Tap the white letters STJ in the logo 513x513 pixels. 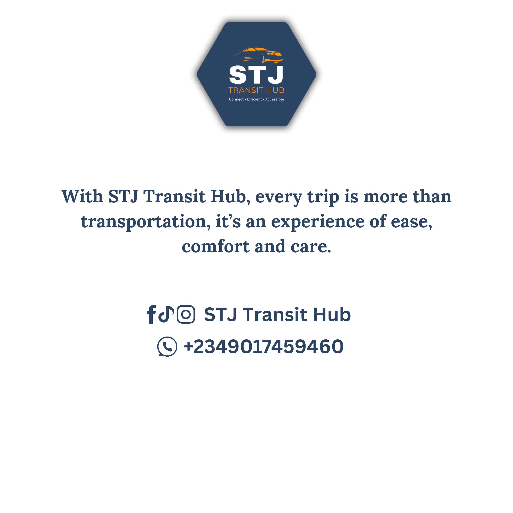(x=256, y=75)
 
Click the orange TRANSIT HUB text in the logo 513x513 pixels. (x=256, y=90)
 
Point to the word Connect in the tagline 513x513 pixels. (x=236, y=99)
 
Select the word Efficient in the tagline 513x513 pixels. (x=254, y=99)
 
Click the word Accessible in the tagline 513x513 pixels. (x=275, y=99)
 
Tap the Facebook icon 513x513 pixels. (x=151, y=314)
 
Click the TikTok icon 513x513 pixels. (x=166, y=314)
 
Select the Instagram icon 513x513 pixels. (x=186, y=314)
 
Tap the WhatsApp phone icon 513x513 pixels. (x=167, y=347)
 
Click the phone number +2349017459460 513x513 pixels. (x=264, y=347)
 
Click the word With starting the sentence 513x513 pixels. (x=82, y=197)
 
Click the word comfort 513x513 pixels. (x=216, y=246)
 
